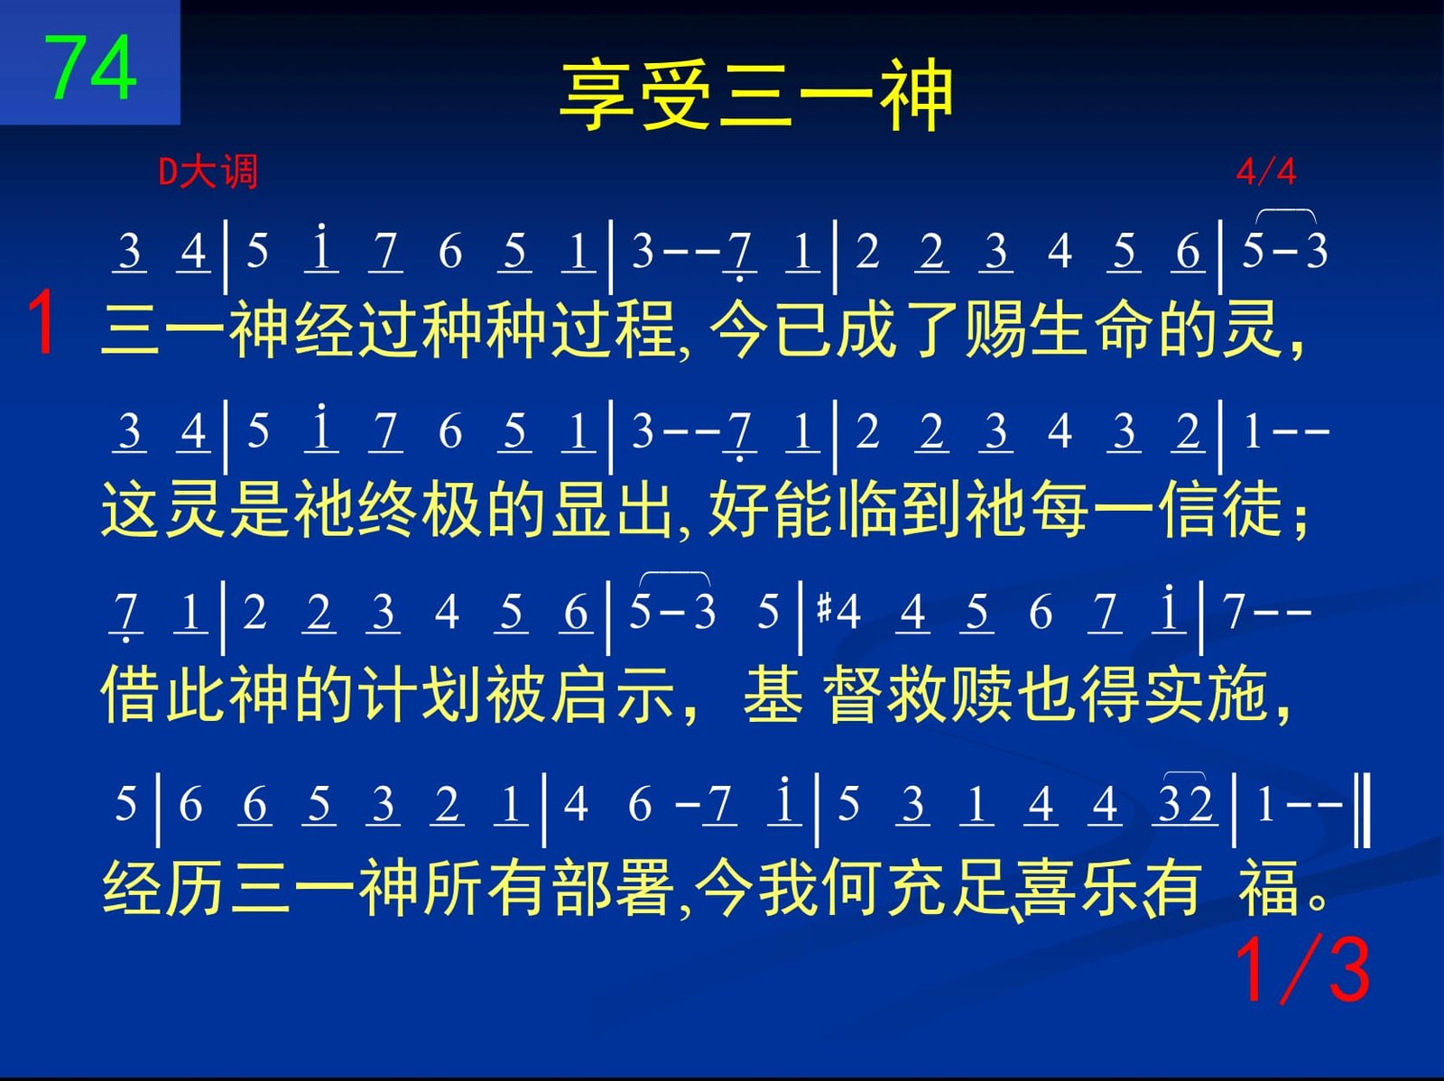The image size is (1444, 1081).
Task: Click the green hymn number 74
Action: coord(90,68)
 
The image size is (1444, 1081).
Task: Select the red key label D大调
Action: coord(208,172)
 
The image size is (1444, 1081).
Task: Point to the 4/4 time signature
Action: coord(1265,172)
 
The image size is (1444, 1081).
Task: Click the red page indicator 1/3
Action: coord(1302,970)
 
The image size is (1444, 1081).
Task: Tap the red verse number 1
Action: coord(42,323)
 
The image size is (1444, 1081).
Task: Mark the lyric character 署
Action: coord(645,888)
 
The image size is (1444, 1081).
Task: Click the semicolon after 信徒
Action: coord(1301,521)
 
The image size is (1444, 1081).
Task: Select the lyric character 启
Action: coord(579,695)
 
